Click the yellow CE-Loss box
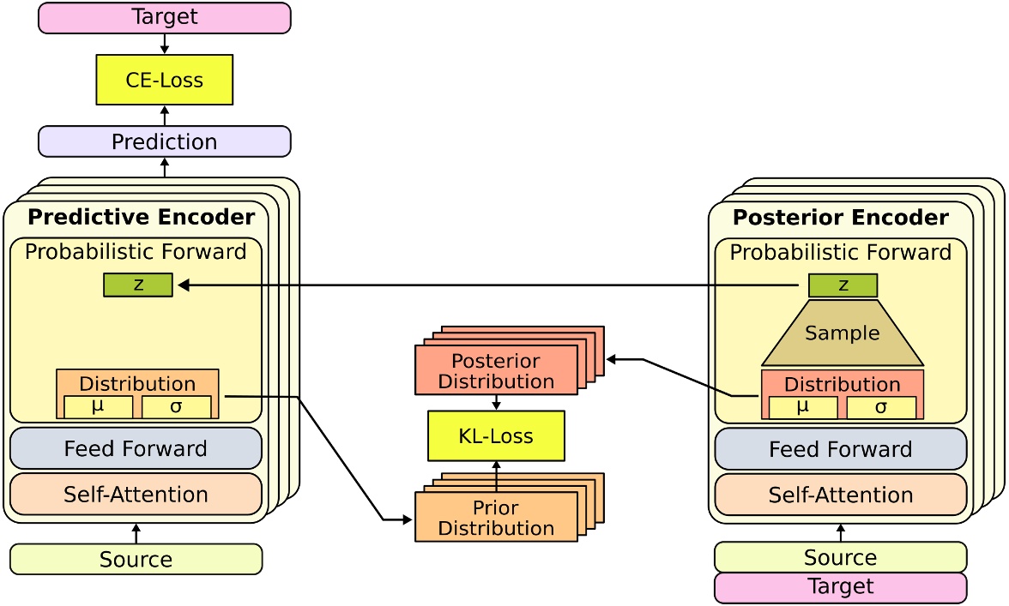[x=164, y=80]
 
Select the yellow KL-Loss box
[x=496, y=435]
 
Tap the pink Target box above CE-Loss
[x=164, y=17]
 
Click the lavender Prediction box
[x=164, y=141]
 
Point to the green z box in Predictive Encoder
[x=137, y=285]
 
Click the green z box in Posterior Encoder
[x=843, y=285]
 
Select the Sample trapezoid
[x=843, y=333]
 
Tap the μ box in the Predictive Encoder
[x=98, y=407]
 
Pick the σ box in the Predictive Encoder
[x=176, y=407]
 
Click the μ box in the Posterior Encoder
[x=803, y=408]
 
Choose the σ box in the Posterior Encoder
[x=881, y=408]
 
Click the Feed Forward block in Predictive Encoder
[x=136, y=448]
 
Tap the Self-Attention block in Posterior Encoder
[x=840, y=495]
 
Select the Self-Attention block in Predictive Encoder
[x=136, y=494]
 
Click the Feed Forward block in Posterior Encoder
[x=840, y=449]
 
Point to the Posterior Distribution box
[x=496, y=370]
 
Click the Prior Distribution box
[x=496, y=517]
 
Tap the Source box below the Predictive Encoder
[x=136, y=560]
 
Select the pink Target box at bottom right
[x=840, y=587]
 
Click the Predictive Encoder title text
[x=141, y=217]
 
